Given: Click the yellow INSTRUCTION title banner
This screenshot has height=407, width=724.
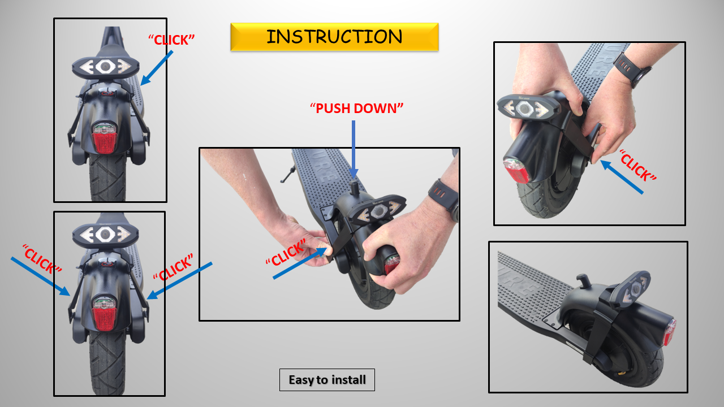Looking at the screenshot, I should pyautogui.click(x=334, y=37).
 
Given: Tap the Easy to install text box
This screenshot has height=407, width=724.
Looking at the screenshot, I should pyautogui.click(x=327, y=380).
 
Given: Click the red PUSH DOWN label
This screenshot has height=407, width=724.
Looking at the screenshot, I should pyautogui.click(x=356, y=108).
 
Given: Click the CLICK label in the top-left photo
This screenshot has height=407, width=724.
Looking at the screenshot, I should pyautogui.click(x=171, y=40).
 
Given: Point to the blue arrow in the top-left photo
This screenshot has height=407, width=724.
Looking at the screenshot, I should pyautogui.click(x=157, y=68).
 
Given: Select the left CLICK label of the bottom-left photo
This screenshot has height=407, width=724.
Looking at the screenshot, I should pyautogui.click(x=42, y=259).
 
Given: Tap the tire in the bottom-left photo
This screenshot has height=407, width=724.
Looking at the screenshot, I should pyautogui.click(x=107, y=367).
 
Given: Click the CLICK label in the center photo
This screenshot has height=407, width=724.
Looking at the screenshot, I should pyautogui.click(x=286, y=253).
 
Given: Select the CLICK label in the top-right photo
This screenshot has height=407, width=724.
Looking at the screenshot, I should pyautogui.click(x=637, y=166).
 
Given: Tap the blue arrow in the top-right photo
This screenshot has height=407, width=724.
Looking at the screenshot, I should pyautogui.click(x=622, y=177).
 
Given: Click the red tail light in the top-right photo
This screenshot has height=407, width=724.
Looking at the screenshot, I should pyautogui.click(x=516, y=171).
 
